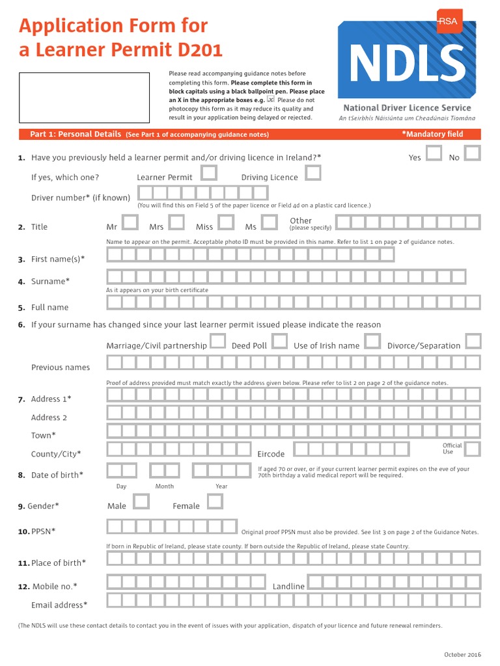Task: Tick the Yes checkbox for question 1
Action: tap(434, 153)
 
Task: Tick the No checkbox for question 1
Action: tap(473, 153)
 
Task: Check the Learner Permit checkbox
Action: tap(209, 173)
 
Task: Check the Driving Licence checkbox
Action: tap(313, 173)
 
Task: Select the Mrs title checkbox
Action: tap(176, 222)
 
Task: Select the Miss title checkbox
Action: tap(225, 222)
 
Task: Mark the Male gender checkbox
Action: tap(141, 501)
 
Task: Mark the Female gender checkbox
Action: tap(214, 501)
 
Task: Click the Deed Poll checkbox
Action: tap(279, 341)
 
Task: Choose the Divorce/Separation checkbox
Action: tap(473, 341)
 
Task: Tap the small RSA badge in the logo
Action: tap(447, 21)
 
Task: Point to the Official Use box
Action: tap(473, 449)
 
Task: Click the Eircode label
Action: tap(271, 454)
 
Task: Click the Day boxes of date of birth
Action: tap(122, 471)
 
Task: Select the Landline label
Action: tap(288, 587)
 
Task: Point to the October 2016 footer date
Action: tap(462, 654)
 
